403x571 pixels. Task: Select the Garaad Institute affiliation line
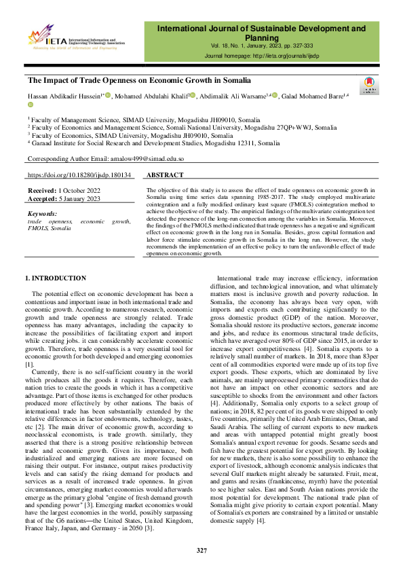click(x=155, y=143)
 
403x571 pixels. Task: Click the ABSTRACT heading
click(x=165, y=174)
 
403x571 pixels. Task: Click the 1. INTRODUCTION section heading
click(x=56, y=278)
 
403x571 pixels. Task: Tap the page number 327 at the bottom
click(x=201, y=550)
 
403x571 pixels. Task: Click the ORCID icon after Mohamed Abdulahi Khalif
click(x=193, y=95)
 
